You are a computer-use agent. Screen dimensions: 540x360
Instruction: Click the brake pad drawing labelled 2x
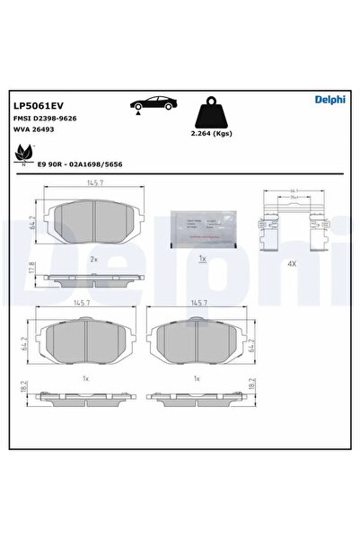pyautogui.click(x=94, y=220)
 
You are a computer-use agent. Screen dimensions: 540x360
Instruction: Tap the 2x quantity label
pyautogui.click(x=93, y=257)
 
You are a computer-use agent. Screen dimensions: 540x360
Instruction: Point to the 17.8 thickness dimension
pyautogui.click(x=32, y=267)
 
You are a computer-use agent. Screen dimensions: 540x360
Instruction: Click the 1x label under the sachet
pyautogui.click(x=203, y=258)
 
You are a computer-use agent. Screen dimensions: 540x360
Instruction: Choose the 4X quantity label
pyautogui.click(x=292, y=264)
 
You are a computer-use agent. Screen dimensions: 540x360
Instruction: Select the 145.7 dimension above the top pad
pyautogui.click(x=94, y=184)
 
